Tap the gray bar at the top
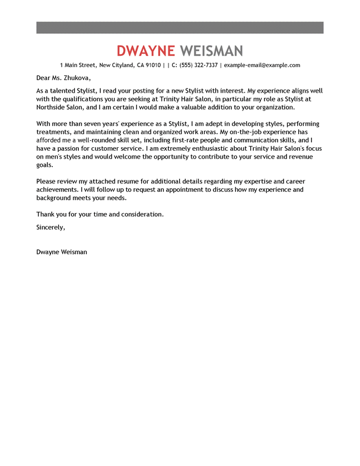(x=180, y=27)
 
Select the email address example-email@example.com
(x=262, y=65)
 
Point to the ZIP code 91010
(x=152, y=65)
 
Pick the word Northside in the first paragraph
(x=53, y=107)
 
